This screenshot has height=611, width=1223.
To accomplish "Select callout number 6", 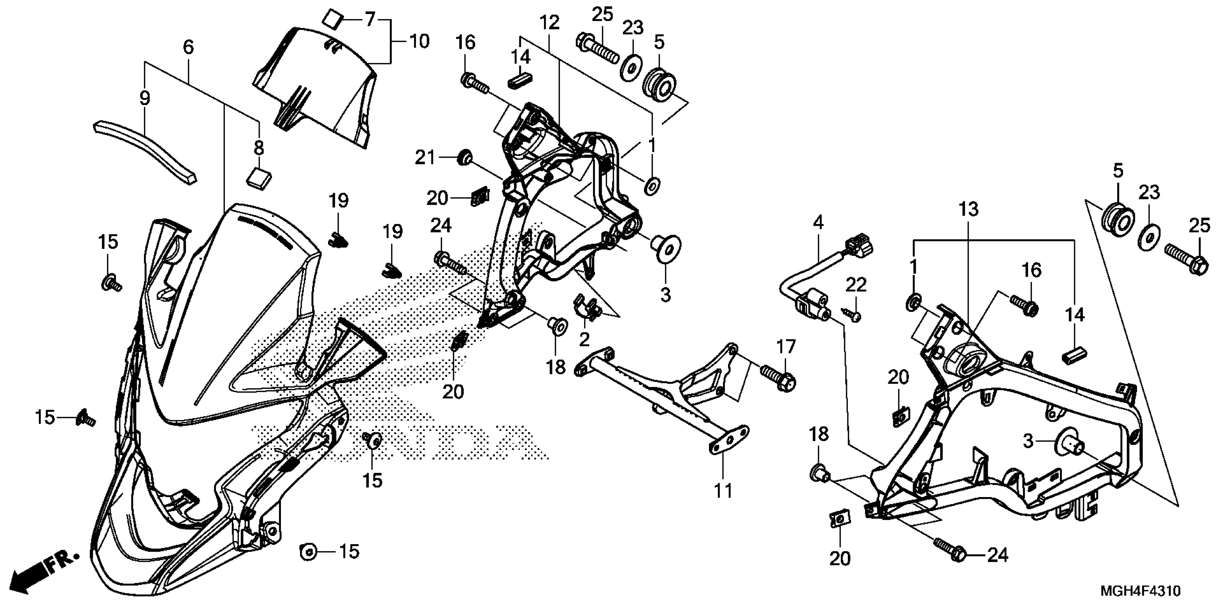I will point(188,47).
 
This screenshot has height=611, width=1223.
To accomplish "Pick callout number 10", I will point(419,41).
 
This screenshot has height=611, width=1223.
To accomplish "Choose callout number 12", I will point(549,22).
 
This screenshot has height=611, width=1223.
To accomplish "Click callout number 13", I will point(969,209).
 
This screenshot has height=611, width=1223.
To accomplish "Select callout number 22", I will point(856,285).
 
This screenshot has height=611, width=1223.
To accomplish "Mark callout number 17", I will point(786,347).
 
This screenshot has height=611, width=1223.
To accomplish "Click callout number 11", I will point(723,491).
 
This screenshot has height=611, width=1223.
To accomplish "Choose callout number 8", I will point(259,148).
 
